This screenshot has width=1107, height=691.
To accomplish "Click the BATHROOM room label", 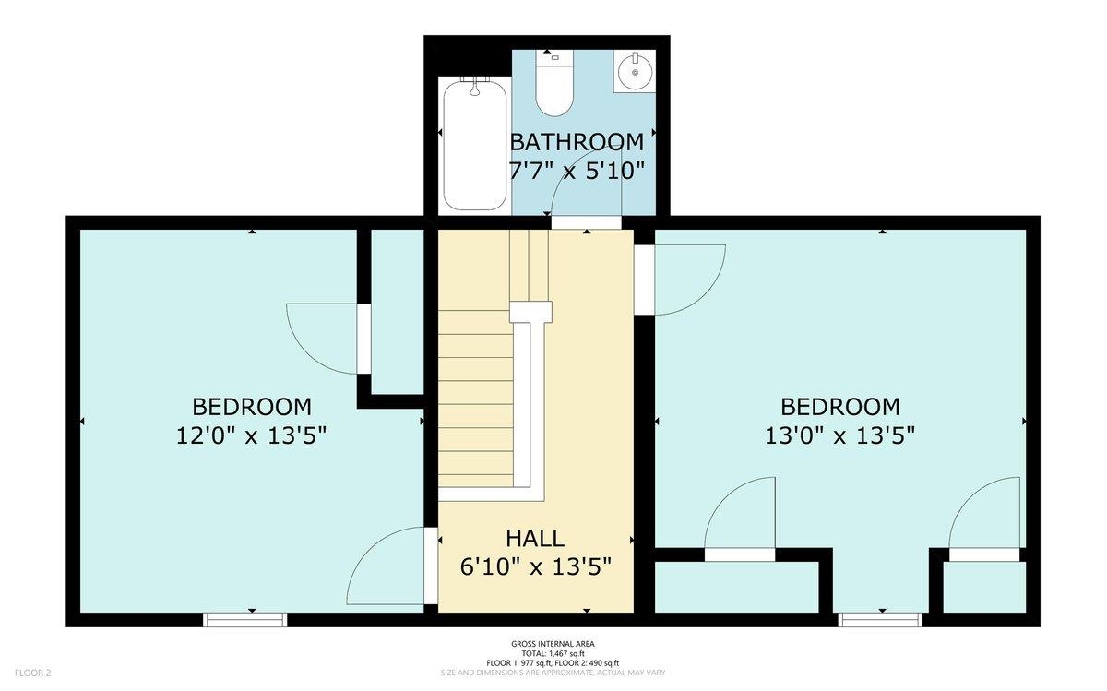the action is click(577, 142).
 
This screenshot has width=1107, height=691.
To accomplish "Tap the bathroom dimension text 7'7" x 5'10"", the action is click(577, 171).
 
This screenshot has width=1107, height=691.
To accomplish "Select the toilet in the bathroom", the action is click(554, 82).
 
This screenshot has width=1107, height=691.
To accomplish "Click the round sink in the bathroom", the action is click(635, 72).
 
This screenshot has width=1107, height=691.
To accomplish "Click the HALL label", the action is click(535, 538).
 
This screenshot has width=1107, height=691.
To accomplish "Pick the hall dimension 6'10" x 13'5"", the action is click(536, 566).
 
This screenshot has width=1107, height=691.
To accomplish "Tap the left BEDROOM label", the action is click(252, 407).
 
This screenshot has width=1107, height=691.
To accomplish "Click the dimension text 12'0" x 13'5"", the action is click(252, 436).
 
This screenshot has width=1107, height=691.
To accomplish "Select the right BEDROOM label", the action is click(840, 407).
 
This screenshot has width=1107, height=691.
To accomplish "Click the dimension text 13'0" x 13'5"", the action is click(840, 436).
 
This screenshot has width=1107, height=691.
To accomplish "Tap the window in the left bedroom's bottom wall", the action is click(245, 620).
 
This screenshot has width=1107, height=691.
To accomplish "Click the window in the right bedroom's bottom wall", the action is click(880, 620).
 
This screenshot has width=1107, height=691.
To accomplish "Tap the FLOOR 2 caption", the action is click(32, 673).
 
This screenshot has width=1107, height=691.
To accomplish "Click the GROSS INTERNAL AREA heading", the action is click(553, 644).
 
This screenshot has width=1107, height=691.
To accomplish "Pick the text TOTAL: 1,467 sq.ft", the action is click(553, 653).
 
